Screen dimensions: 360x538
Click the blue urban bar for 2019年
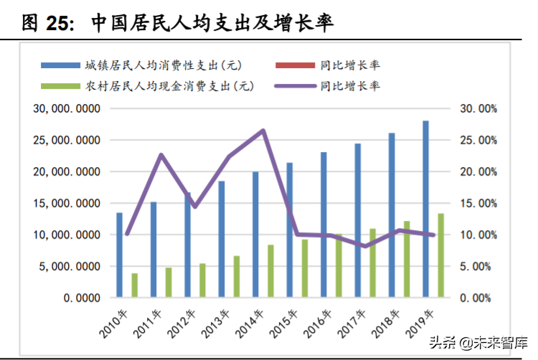coord(425,209)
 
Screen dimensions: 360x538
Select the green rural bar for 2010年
coord(134,285)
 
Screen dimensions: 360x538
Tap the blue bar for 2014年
coord(255,235)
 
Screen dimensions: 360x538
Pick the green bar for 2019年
coord(440,255)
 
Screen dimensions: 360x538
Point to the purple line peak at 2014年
coord(263,131)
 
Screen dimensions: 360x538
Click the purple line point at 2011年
coord(161,155)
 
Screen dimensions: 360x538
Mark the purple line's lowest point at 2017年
coord(365,246)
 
